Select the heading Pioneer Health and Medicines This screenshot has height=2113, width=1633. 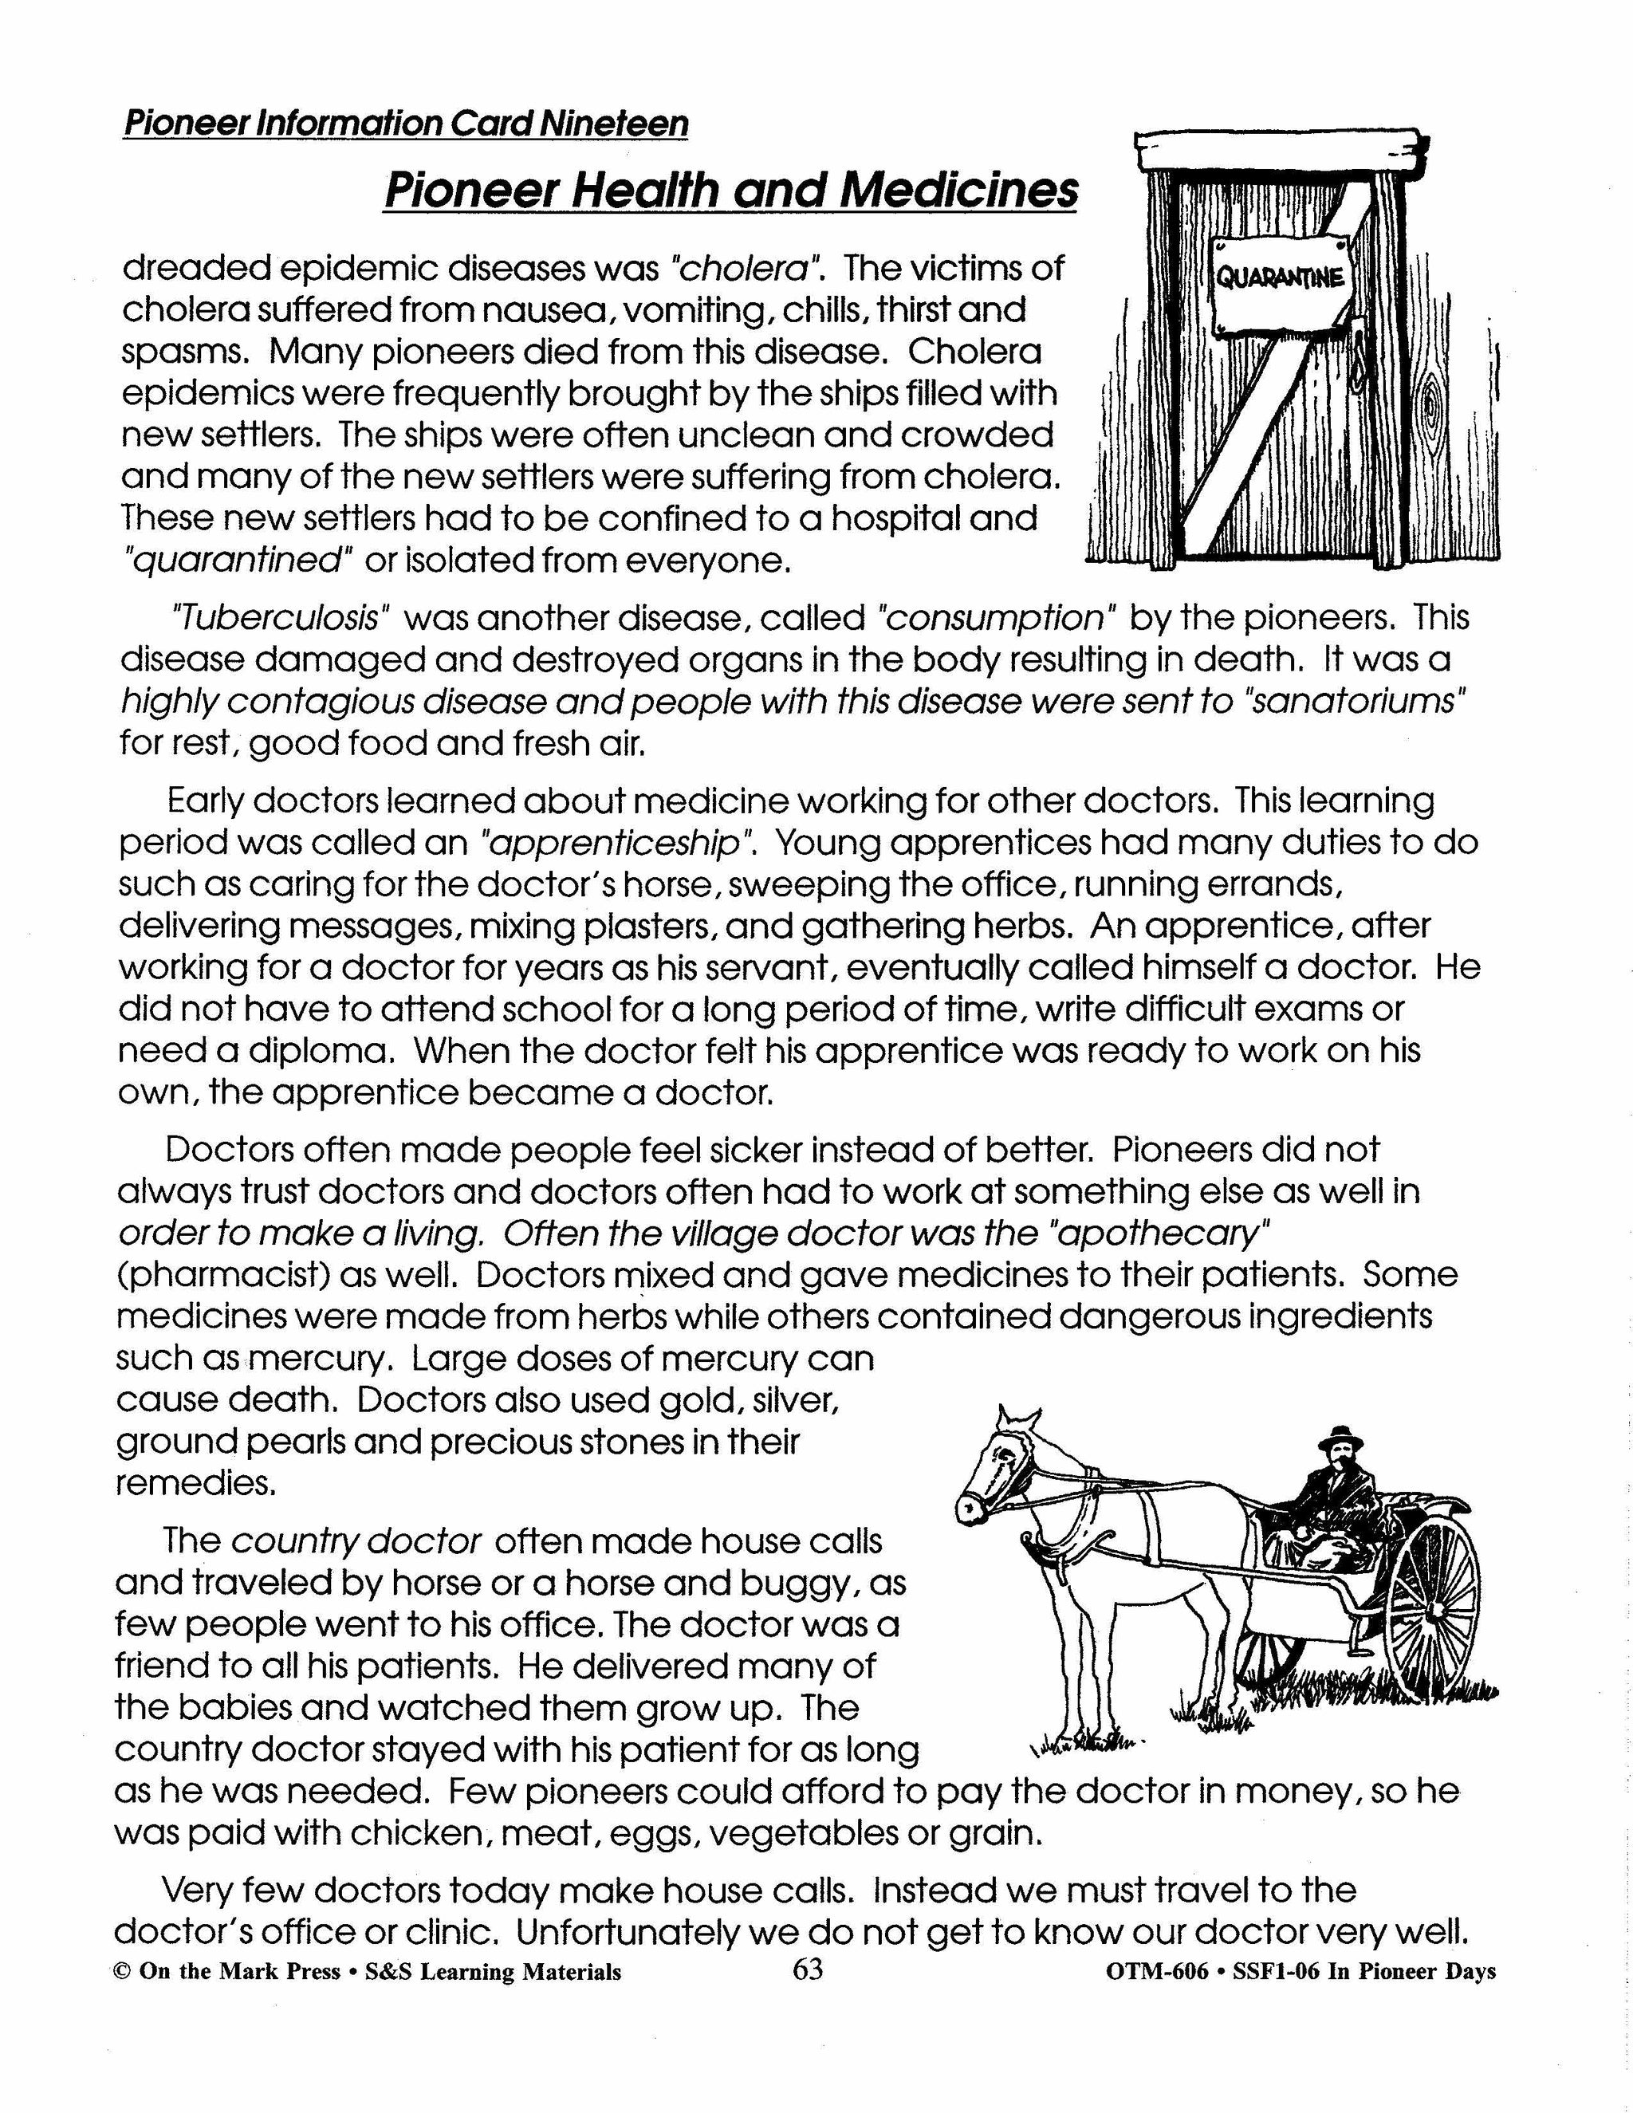730,190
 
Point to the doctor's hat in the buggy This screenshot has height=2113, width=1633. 1344,1438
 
